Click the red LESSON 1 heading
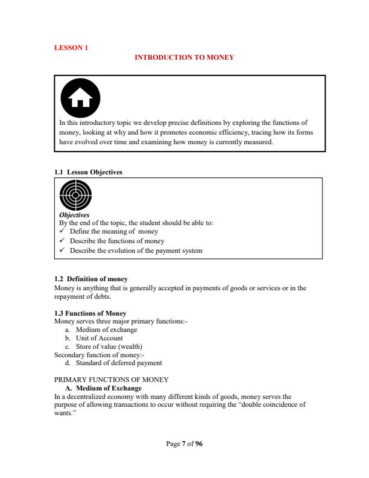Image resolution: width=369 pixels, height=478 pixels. coord(71,47)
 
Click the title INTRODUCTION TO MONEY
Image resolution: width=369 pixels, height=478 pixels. coord(184,57)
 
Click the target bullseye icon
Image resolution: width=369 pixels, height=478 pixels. coord(75,196)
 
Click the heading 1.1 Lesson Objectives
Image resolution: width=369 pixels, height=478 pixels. coord(88,172)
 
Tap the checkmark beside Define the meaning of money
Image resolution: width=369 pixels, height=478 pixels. coord(63,232)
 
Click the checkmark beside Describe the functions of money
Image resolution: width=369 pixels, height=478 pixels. coord(63,241)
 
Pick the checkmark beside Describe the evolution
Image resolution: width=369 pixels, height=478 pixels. coord(63,250)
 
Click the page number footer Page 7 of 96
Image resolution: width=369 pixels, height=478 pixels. coord(184,444)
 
